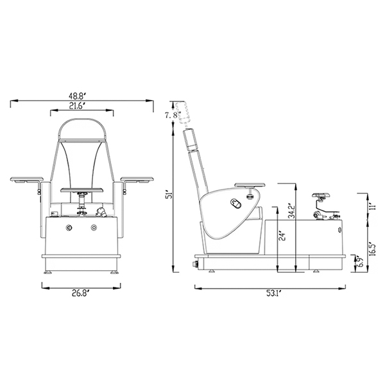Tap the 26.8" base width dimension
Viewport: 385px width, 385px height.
pos(80,294)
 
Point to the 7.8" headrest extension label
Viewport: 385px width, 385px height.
pos(173,115)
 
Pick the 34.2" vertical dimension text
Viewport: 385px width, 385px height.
pos(291,212)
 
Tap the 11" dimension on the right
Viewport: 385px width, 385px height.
pos(372,204)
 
